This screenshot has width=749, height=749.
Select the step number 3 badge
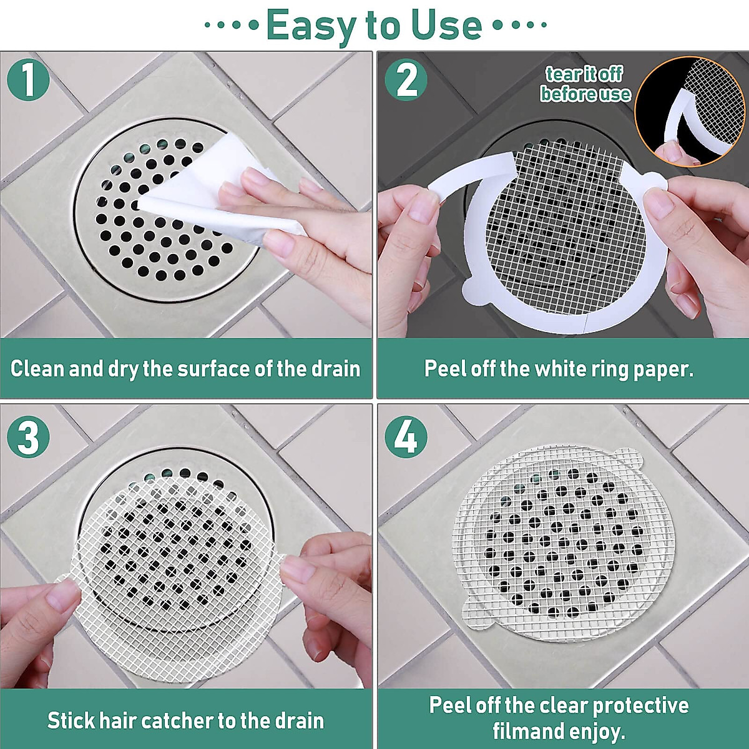28,437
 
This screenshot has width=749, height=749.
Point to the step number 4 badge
406,437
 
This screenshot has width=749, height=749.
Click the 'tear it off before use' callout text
584,84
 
